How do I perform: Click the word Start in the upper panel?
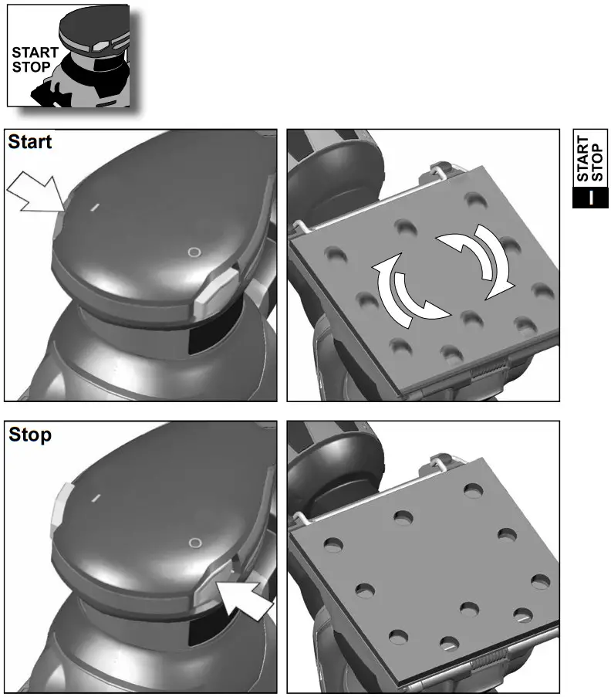(30, 143)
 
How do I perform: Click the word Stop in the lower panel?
(30, 435)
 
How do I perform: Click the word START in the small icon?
(35, 53)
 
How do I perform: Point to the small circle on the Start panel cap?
(194, 252)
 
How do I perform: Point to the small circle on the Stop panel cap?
(194, 543)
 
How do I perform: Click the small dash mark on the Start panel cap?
(94, 207)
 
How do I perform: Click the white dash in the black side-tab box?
(590, 198)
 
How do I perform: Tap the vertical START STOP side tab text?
(590, 161)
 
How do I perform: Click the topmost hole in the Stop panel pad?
(471, 490)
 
